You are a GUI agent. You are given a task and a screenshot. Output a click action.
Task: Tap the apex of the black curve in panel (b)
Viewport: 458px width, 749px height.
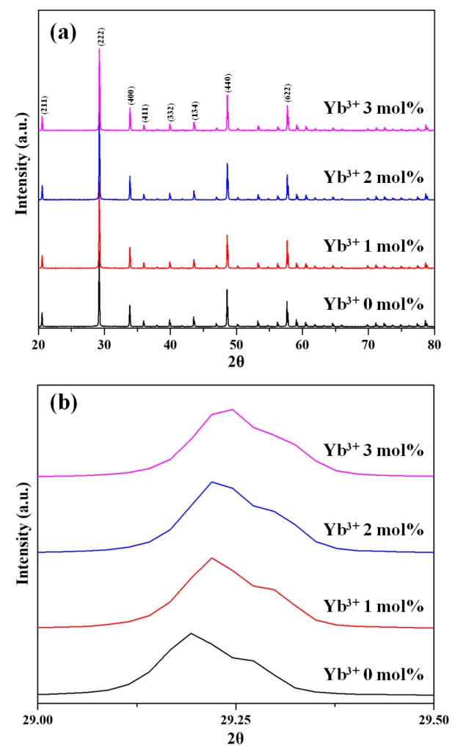[191, 633]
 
